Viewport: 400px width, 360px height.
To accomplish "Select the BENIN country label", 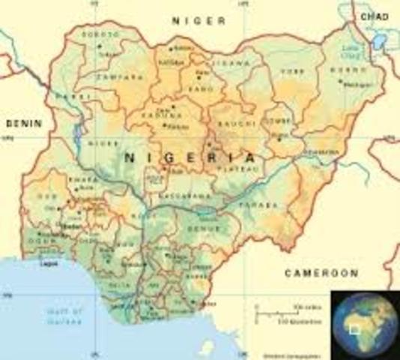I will tap(23, 121).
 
